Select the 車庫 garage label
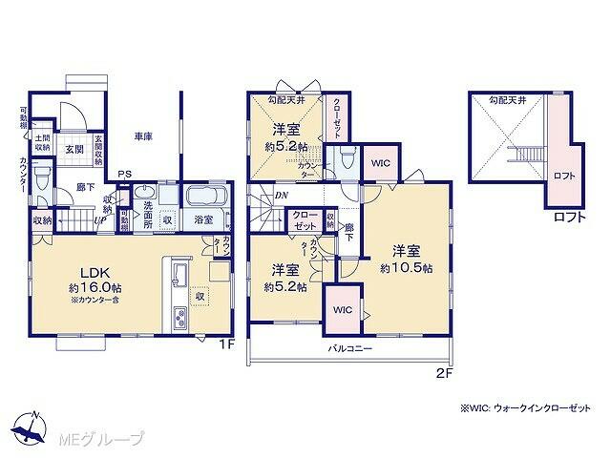pyautogui.click(x=143, y=136)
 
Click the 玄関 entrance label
pyautogui.click(x=74, y=150)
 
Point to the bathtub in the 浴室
pyautogui.click(x=204, y=199)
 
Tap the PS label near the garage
pyautogui.click(x=125, y=174)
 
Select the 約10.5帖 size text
pyautogui.click(x=406, y=269)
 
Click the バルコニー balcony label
pyautogui.click(x=353, y=349)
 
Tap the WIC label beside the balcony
pyautogui.click(x=342, y=310)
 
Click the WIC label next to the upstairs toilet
pyautogui.click(x=379, y=161)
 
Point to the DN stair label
pyautogui.click(x=282, y=197)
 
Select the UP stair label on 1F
pyautogui.click(x=99, y=219)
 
